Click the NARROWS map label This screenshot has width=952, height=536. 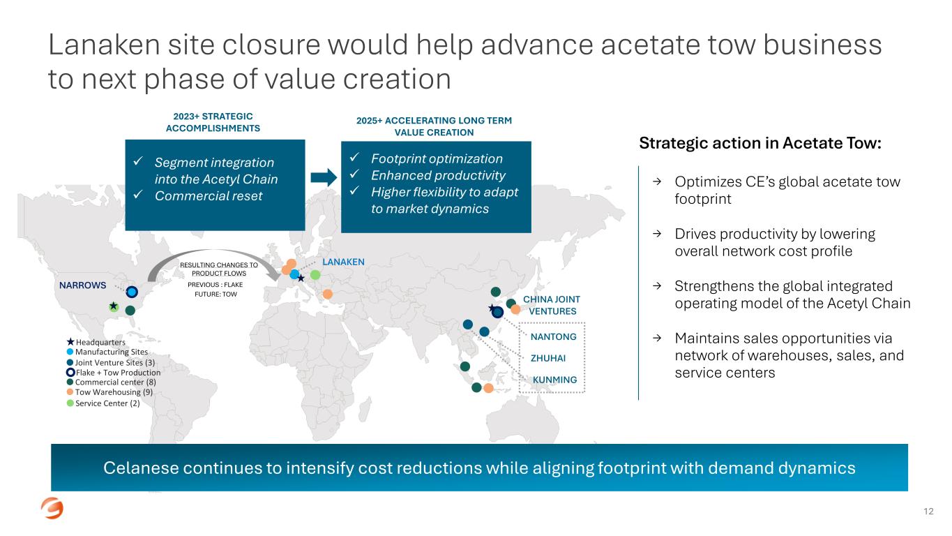(x=82, y=285)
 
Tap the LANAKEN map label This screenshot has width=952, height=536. (x=343, y=262)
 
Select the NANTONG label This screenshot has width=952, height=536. (x=554, y=337)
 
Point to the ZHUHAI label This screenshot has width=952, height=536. (x=548, y=359)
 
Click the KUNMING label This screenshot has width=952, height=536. (x=554, y=380)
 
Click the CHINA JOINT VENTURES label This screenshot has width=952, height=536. (x=551, y=305)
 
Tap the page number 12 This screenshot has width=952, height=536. (x=928, y=512)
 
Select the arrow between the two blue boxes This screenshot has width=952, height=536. (x=323, y=177)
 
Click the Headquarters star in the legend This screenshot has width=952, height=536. (x=70, y=342)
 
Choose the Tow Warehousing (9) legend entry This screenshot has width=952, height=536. (x=109, y=392)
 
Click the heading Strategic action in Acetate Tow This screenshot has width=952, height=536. (x=760, y=144)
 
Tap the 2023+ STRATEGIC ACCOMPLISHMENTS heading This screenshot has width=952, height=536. (x=213, y=122)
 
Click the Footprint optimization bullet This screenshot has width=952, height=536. (x=436, y=158)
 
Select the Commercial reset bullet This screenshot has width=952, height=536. (x=208, y=196)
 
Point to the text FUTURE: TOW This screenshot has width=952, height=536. (x=216, y=295)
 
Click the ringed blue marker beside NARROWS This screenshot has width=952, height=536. (x=132, y=292)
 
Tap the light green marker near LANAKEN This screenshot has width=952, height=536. (x=315, y=275)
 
